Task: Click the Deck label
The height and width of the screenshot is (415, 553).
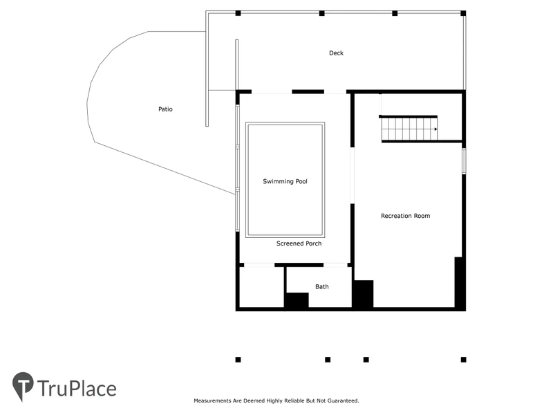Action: click(336, 53)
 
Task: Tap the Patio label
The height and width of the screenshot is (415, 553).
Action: click(165, 109)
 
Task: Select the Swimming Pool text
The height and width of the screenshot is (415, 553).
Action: click(285, 181)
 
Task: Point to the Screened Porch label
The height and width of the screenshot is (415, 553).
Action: click(299, 243)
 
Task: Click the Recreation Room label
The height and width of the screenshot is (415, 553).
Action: click(405, 216)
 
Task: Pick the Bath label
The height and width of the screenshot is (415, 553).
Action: click(321, 286)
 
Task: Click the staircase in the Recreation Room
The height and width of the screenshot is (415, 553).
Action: click(409, 129)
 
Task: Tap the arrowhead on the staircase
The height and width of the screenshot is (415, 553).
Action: click(436, 129)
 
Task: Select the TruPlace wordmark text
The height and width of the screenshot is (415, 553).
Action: click(77, 389)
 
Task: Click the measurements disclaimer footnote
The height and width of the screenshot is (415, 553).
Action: click(276, 400)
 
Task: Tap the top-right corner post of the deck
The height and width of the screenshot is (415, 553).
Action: click(463, 13)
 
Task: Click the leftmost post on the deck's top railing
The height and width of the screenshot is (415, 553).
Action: click(238, 13)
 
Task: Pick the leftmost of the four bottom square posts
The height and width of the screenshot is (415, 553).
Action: click(238, 360)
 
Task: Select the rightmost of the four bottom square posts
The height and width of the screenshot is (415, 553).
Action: click(463, 360)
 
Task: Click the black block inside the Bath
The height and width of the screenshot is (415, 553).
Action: click(297, 300)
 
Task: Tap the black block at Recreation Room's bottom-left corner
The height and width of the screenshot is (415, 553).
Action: click(364, 294)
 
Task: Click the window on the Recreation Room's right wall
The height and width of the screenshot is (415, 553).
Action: click(464, 161)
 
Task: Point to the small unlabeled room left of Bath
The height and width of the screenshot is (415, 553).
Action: click(261, 287)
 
